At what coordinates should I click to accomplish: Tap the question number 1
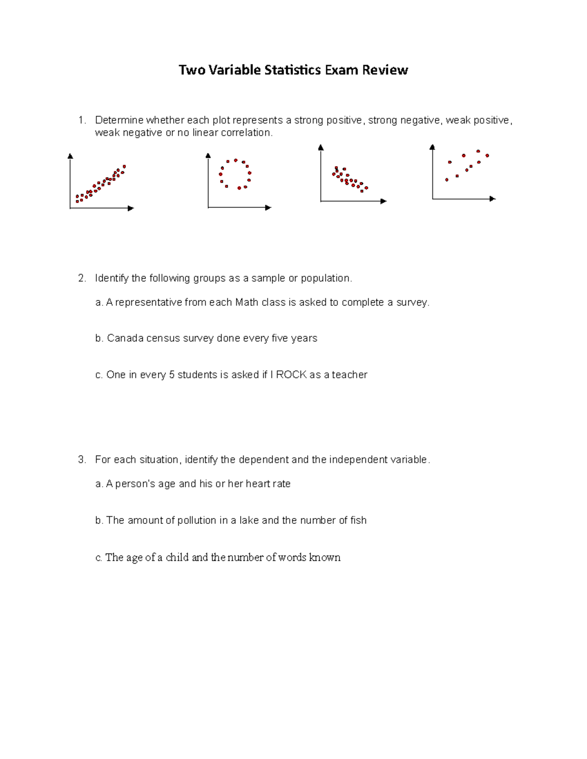(x=82, y=120)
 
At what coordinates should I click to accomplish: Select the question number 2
(x=82, y=278)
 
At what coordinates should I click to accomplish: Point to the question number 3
(x=82, y=459)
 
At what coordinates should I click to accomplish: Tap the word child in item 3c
(x=177, y=558)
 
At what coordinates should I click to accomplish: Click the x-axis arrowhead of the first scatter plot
(x=131, y=208)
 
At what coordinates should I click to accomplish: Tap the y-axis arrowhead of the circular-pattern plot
(x=208, y=155)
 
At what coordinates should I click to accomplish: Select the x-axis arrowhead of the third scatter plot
(x=384, y=201)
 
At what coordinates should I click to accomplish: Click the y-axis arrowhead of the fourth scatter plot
(x=432, y=147)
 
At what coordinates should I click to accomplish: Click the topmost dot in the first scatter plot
(x=124, y=167)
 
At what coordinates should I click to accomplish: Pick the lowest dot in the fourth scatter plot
(x=447, y=180)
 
